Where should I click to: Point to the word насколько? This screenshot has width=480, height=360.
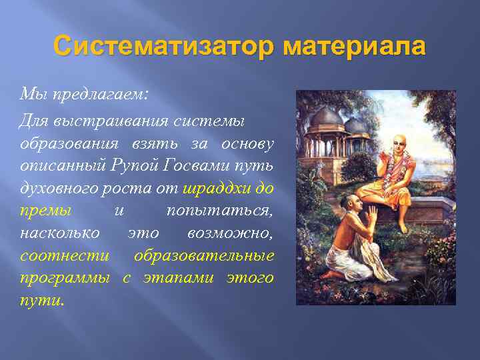(60, 233)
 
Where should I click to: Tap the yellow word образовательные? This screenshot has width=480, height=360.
(203, 255)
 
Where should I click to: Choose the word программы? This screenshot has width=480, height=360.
(63, 277)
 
